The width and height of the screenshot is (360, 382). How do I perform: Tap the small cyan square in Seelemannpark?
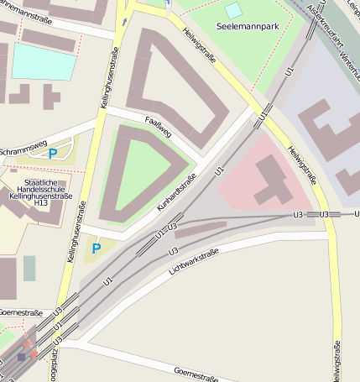[232, 10]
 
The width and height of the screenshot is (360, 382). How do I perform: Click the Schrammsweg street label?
[22, 144]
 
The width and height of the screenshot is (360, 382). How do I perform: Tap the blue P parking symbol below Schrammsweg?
[53, 154]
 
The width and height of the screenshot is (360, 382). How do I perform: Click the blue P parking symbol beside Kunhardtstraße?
[96, 249]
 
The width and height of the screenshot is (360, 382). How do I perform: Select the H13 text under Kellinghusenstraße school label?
[41, 202]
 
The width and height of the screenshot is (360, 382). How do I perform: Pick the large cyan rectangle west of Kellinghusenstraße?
[42, 61]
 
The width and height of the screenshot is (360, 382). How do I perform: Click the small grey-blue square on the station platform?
[21, 357]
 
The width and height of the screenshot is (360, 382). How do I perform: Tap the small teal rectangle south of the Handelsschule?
[29, 268]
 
